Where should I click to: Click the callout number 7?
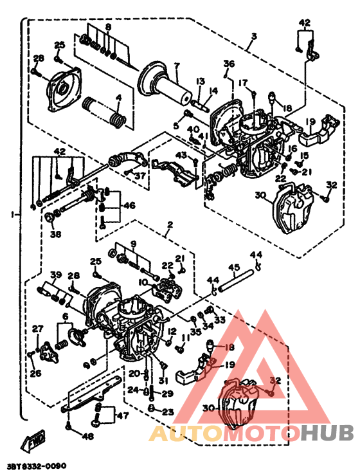[x=176, y=65]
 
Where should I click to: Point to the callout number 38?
[x=55, y=235]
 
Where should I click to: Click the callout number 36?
[x=229, y=63]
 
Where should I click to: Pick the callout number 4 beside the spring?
[x=118, y=98]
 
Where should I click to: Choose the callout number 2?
[x=170, y=226]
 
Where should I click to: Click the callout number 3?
[x=253, y=36]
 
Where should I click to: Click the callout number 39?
[x=56, y=275]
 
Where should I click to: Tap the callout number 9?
[x=134, y=244]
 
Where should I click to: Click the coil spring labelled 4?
[x=116, y=118]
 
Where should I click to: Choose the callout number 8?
[x=109, y=27]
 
